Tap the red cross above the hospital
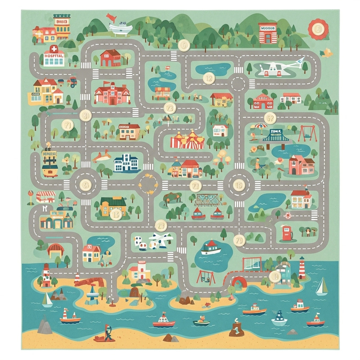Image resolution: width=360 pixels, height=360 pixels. point(53,48)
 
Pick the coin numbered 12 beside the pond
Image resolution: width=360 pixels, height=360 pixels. point(208,78)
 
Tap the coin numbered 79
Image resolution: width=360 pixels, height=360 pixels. point(240,240)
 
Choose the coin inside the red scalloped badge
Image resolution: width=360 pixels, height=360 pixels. point(318,29)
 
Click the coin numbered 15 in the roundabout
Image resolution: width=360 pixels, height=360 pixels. point(238,185)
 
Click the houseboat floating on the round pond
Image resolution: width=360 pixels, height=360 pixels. point(210,247)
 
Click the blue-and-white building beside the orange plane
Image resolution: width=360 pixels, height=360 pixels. point(125,163)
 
